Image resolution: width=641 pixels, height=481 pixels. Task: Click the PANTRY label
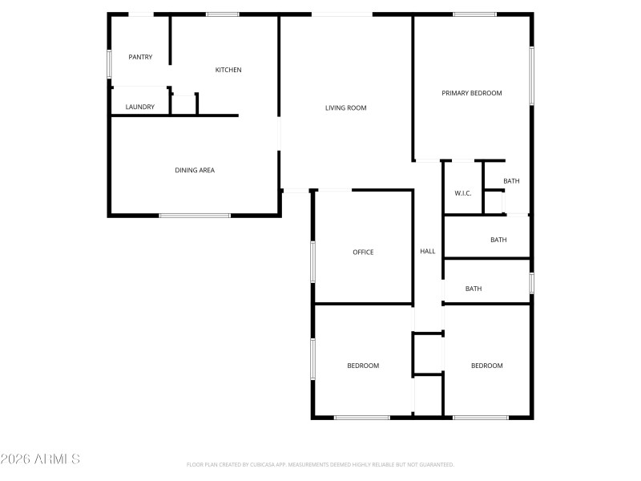pos(140,57)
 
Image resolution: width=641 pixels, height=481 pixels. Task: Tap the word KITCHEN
pos(228,70)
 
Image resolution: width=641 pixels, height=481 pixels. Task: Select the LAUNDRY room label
pos(139,107)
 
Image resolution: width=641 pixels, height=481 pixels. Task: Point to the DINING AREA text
pos(195,170)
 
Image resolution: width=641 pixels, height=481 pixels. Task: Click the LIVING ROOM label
pos(345,107)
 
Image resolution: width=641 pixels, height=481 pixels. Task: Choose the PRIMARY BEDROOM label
pos(472,93)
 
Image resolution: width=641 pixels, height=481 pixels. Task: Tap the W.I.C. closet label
pos(462,193)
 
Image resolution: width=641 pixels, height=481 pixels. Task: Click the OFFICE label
pos(363,253)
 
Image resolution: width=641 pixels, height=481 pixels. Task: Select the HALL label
pos(428,251)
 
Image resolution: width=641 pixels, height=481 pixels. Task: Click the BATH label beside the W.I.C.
pos(511,181)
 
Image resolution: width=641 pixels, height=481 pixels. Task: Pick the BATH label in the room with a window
pos(474,289)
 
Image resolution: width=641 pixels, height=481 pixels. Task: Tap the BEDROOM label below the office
pos(363,366)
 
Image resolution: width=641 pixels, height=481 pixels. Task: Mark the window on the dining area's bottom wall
pos(195,215)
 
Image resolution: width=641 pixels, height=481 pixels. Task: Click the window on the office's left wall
pos(313,261)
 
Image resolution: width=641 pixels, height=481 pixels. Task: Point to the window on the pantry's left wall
pos(110,64)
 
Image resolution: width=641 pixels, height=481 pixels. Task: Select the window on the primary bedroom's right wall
pos(531,75)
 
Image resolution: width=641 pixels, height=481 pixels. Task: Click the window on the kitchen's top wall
pos(222,14)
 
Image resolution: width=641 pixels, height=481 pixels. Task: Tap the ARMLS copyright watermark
pos(40,459)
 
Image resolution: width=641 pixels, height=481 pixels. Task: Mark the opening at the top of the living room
pos(341,14)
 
